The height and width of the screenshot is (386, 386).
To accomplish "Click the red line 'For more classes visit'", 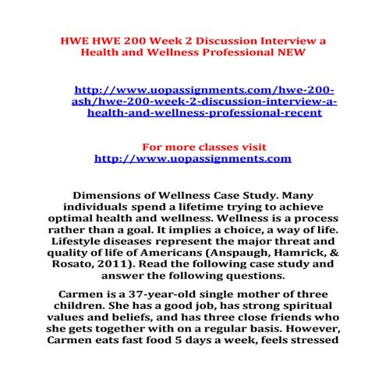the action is tap(192, 146).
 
